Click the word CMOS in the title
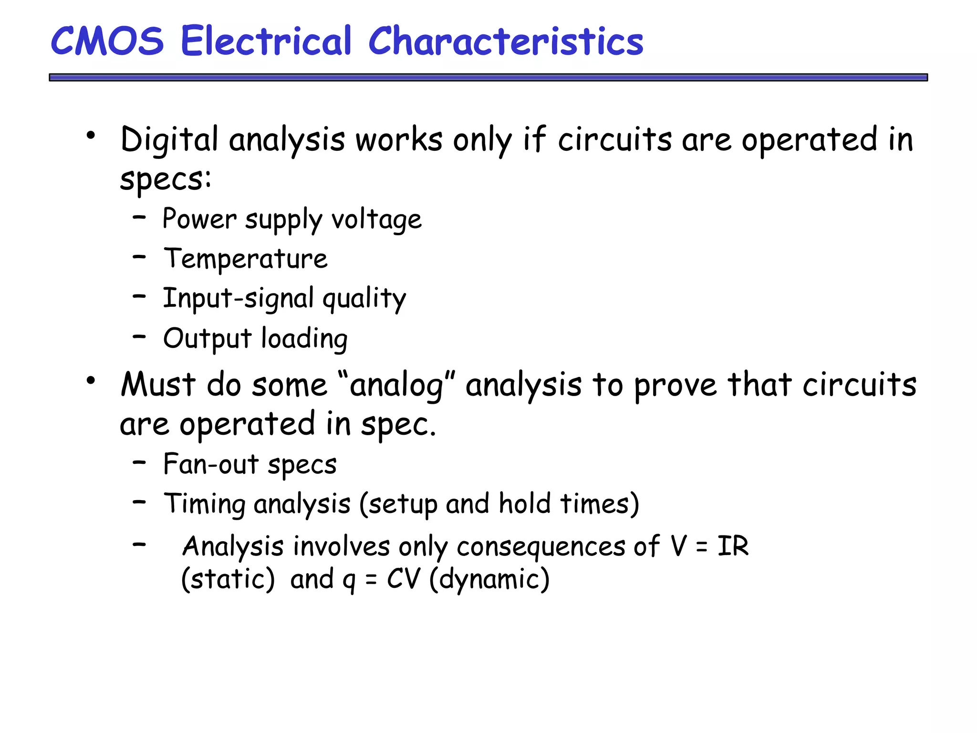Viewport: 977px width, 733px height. click(107, 41)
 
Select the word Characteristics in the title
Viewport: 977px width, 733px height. click(506, 41)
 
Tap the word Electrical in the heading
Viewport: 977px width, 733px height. click(266, 41)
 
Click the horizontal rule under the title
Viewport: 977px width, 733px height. click(488, 77)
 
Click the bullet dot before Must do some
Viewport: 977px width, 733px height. click(91, 380)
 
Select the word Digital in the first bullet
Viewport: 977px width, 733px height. click(169, 140)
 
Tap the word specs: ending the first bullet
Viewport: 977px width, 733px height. click(165, 179)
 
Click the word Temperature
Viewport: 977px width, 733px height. click(246, 259)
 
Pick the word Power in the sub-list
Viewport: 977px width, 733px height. click(199, 219)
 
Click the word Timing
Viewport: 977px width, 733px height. click(205, 504)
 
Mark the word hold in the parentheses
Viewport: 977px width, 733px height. click(525, 503)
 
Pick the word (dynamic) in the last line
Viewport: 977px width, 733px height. click(489, 579)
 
